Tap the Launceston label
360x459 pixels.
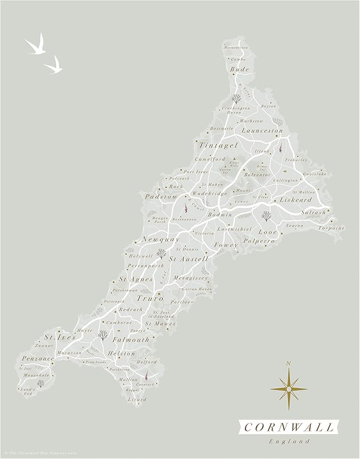[262, 130]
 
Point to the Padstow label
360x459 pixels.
[161, 196]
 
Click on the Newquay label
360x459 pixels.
[160, 240]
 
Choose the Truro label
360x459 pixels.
[150, 299]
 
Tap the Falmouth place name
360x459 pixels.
[130, 340]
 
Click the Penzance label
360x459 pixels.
[38, 359]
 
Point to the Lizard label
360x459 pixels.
[137, 400]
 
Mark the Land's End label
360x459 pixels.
[26, 392]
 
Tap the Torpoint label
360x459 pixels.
[331, 228]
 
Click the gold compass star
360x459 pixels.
[288, 389]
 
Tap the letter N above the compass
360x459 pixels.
[288, 363]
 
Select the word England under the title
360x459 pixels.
[289, 441]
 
